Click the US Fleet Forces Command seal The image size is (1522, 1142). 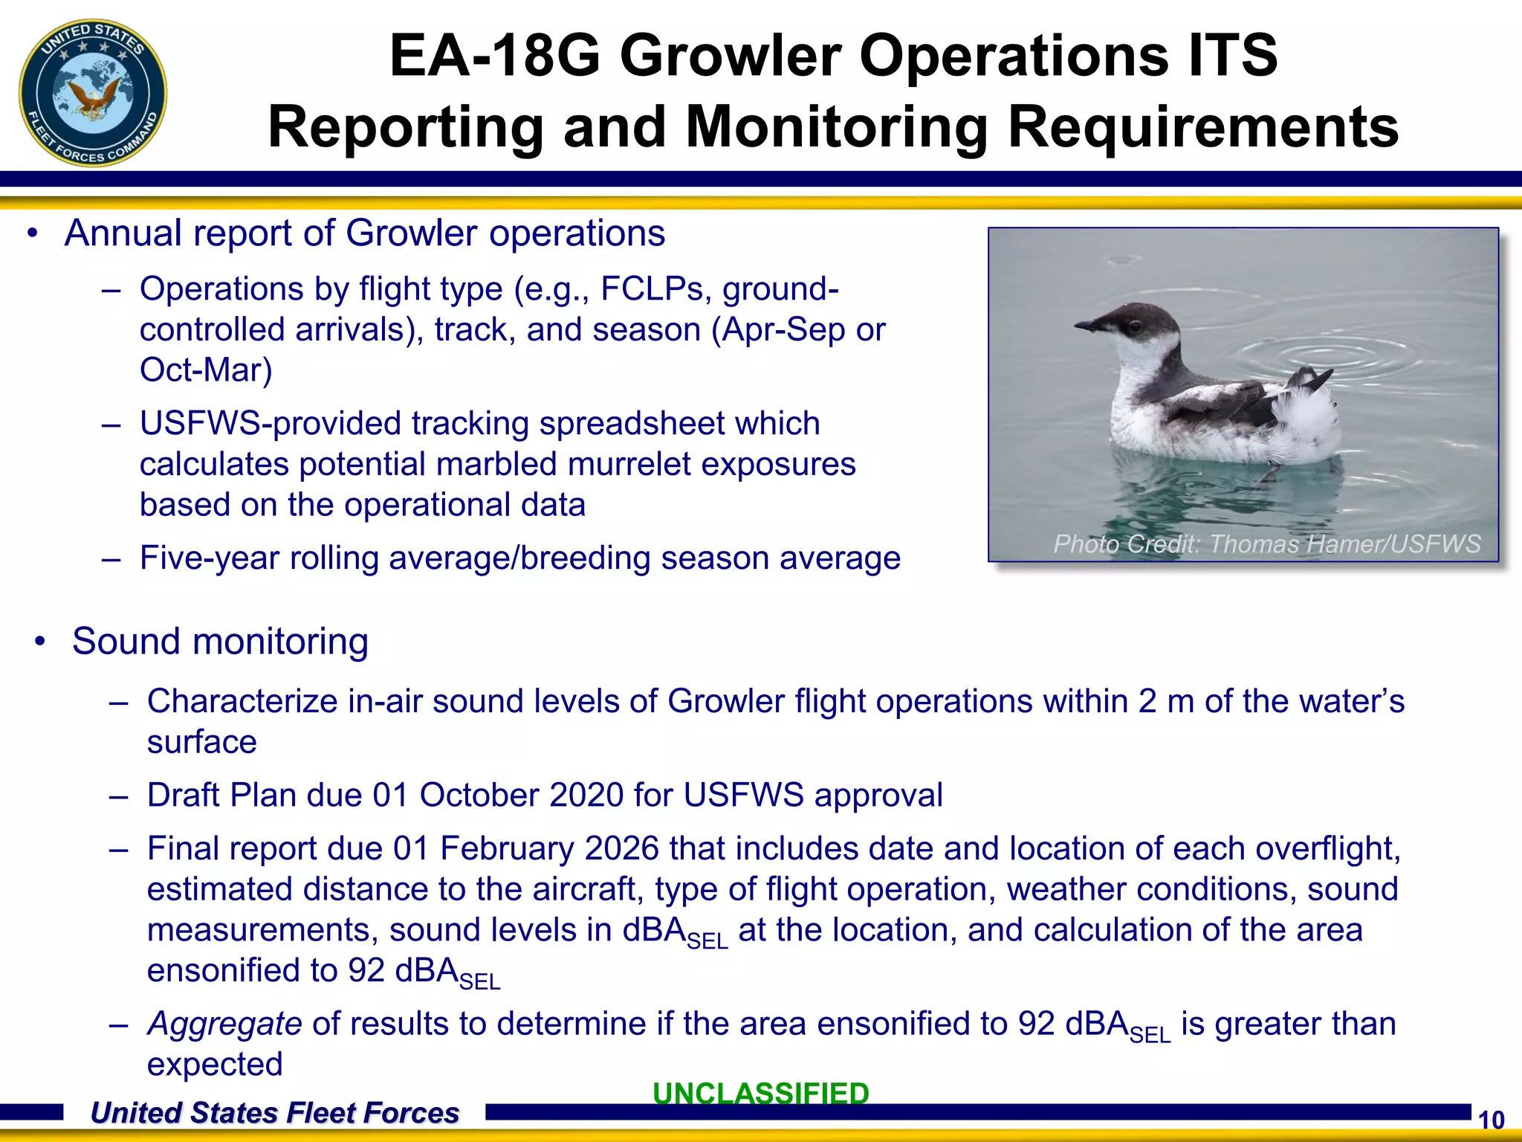(x=93, y=93)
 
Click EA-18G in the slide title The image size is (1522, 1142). (x=494, y=56)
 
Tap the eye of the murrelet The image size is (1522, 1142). (x=1135, y=326)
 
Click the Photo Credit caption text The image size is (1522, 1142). (x=1266, y=543)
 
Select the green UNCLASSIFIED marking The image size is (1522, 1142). (x=760, y=1093)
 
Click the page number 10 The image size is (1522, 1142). (x=1491, y=1120)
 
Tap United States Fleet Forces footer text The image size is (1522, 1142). (x=274, y=1113)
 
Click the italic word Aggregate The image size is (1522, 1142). (x=224, y=1024)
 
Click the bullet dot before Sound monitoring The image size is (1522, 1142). (x=40, y=642)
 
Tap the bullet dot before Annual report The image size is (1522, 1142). (x=32, y=233)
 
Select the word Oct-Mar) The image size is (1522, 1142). (x=206, y=370)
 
